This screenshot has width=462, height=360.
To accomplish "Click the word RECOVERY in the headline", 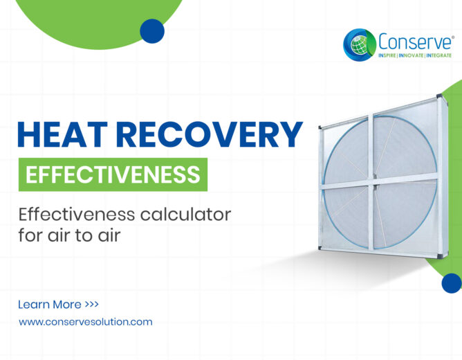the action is point(209,134).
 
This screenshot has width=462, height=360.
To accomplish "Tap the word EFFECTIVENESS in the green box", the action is point(113,174).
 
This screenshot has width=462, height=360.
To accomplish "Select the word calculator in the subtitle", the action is point(185,215).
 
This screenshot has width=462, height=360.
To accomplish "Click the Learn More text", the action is point(50,305).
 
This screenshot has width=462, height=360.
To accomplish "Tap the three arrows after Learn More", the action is point(91,304).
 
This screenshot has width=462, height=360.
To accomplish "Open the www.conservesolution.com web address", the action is point(86,322).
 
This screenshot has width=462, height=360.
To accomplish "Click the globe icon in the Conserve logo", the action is point(359,45).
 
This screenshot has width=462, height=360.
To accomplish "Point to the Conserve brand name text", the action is point(414,42).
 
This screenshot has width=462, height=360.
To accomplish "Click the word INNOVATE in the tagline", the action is point(411,55).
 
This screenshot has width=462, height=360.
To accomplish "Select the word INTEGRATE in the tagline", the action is point(438,55).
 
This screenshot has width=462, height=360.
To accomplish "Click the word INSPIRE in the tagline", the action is point(387,55).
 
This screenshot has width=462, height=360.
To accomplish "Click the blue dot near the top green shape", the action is point(152,31).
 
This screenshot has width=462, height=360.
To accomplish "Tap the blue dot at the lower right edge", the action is point(452,283).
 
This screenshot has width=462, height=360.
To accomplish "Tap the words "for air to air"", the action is point(70,235).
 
